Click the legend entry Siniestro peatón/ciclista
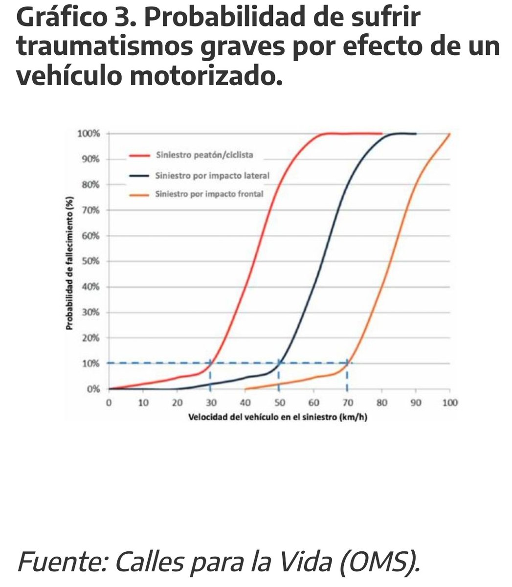coord(204,156)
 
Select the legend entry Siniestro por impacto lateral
coord(212,175)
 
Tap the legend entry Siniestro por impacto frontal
coord(209,194)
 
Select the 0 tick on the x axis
coord(109,403)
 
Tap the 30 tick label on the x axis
coord(210,403)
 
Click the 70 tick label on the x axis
coord(347,403)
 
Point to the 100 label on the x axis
coord(449,403)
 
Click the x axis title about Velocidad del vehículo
coord(279,419)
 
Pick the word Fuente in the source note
coord(57,561)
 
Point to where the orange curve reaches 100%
coord(449,134)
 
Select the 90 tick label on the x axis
coord(416,403)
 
